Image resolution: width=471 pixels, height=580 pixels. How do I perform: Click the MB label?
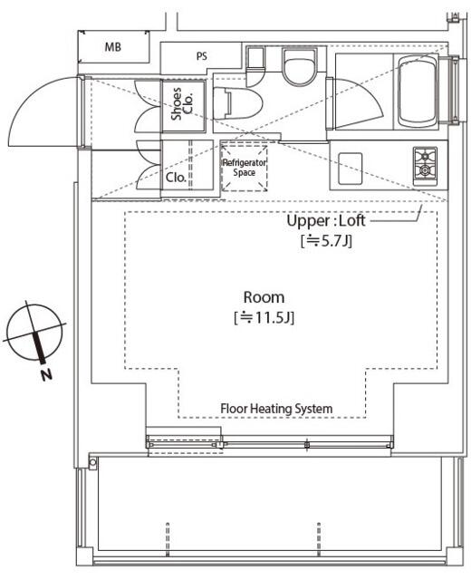point(112,47)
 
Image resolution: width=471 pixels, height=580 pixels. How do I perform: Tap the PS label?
point(201,56)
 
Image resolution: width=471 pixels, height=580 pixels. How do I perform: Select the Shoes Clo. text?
point(182,103)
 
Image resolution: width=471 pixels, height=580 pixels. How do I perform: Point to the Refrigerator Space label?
point(244,168)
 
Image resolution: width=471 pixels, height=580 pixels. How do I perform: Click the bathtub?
point(417,92)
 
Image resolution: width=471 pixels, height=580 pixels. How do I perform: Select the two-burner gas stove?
point(425,166)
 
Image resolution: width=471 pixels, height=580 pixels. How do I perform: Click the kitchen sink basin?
point(350,169)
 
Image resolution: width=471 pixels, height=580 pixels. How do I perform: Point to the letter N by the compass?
point(46,374)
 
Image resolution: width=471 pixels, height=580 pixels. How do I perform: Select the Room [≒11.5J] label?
point(264,307)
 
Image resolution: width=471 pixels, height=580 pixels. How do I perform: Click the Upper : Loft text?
point(326,221)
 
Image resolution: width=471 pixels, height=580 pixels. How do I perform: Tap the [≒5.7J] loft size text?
point(326,241)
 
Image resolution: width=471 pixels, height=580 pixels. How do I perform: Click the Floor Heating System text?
point(276,409)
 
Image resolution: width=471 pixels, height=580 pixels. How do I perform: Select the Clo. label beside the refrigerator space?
point(176,178)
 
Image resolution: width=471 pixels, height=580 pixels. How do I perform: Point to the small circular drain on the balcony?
point(92,462)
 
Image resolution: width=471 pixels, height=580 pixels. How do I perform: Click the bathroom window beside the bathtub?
point(455,90)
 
